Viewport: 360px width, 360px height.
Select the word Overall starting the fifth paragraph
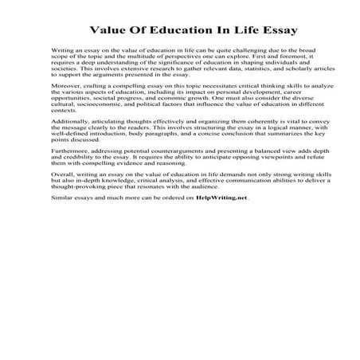coord(62,191)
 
